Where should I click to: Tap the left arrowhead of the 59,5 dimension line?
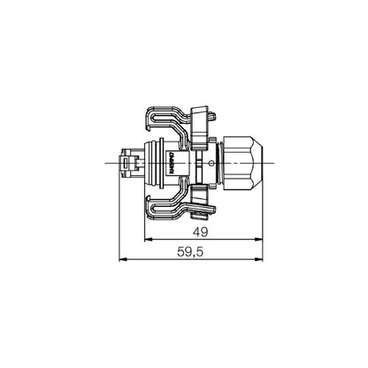123,259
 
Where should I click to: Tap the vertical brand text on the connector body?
171,162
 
